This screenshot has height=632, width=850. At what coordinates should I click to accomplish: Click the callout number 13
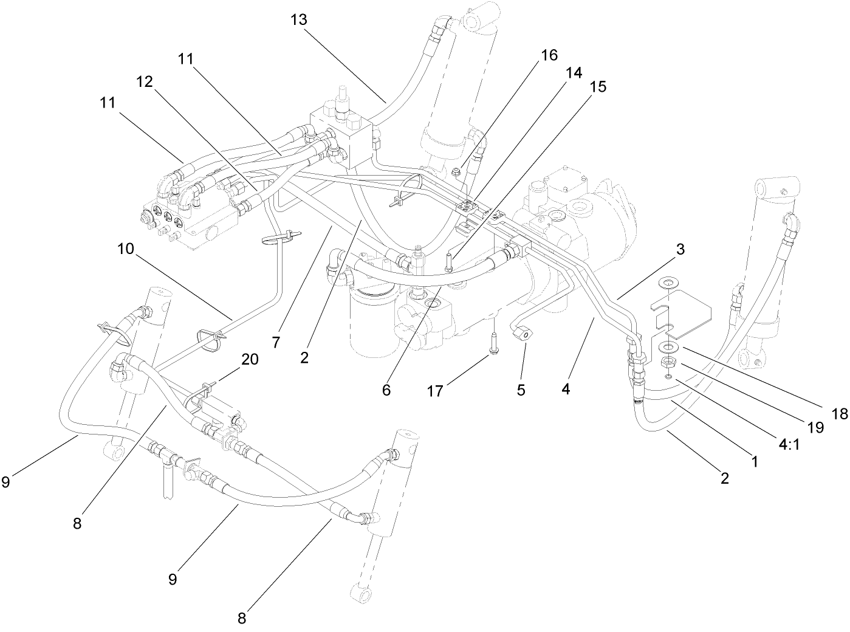pos(299,19)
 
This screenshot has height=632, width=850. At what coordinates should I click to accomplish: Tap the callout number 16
pos(549,55)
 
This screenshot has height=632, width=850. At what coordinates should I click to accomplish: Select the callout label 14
pos(574,73)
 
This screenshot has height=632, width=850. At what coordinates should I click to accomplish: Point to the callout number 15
pos(598,87)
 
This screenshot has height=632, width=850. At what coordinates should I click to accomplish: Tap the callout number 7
pos(276,343)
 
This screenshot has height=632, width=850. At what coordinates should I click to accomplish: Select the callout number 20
pos(250,359)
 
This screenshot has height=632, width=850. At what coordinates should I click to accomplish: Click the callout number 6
pos(386,390)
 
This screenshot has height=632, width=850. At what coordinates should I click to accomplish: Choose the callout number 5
pos(521,390)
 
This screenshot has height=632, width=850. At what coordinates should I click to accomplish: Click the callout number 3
pos(680,249)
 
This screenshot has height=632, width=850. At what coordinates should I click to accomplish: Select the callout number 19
pos(817,427)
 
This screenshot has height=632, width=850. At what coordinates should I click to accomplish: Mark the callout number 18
pos(839,414)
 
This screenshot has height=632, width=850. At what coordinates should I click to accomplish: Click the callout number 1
pos(754,461)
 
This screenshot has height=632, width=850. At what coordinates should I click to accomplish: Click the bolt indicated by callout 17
pos(493,343)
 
